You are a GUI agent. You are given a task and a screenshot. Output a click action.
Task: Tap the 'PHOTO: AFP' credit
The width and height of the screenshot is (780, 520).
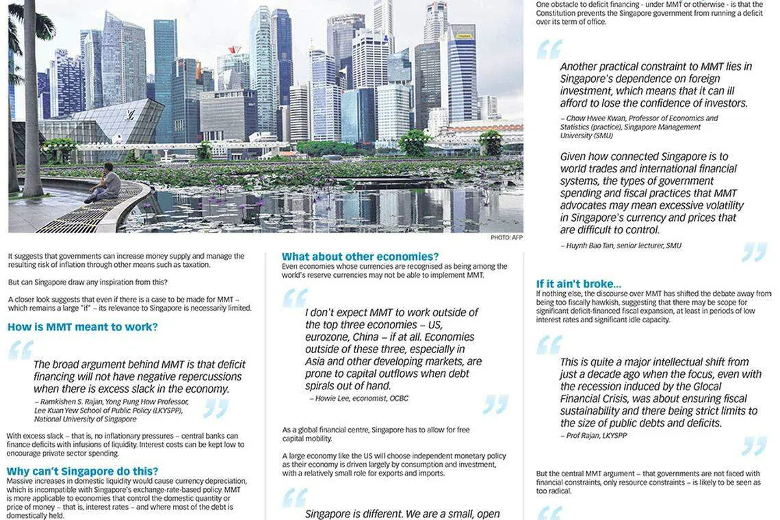click(506, 237)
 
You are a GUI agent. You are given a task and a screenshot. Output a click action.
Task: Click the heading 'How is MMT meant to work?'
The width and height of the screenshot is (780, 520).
click(83, 327)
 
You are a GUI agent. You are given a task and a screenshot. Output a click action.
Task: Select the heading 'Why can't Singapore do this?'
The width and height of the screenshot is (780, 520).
click(83, 471)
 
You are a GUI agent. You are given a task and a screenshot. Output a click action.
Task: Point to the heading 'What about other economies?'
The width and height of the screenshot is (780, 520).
click(361, 257)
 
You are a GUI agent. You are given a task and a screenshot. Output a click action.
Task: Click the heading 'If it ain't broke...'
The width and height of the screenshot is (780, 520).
click(579, 284)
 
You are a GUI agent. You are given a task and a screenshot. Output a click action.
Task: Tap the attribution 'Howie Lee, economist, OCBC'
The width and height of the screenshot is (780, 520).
click(359, 398)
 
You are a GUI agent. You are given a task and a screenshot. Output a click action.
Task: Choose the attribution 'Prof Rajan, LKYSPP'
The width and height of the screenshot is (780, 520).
click(593, 435)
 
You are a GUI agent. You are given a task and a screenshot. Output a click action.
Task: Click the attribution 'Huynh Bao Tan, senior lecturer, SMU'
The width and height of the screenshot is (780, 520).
click(621, 246)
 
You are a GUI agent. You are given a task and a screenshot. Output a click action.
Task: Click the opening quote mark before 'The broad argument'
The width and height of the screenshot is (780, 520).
click(21, 350)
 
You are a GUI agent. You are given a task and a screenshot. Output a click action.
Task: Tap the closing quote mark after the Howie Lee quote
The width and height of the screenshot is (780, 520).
click(495, 404)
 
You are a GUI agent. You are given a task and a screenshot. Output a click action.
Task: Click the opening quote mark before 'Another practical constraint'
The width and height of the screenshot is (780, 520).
click(549, 49)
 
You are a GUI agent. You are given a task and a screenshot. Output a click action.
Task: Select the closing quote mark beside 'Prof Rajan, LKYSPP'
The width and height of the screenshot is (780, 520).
click(754, 445)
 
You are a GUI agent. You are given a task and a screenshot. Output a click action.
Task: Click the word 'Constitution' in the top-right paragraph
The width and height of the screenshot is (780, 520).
click(562, 13)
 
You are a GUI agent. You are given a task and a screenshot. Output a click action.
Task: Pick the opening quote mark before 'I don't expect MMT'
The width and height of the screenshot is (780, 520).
click(295, 298)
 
